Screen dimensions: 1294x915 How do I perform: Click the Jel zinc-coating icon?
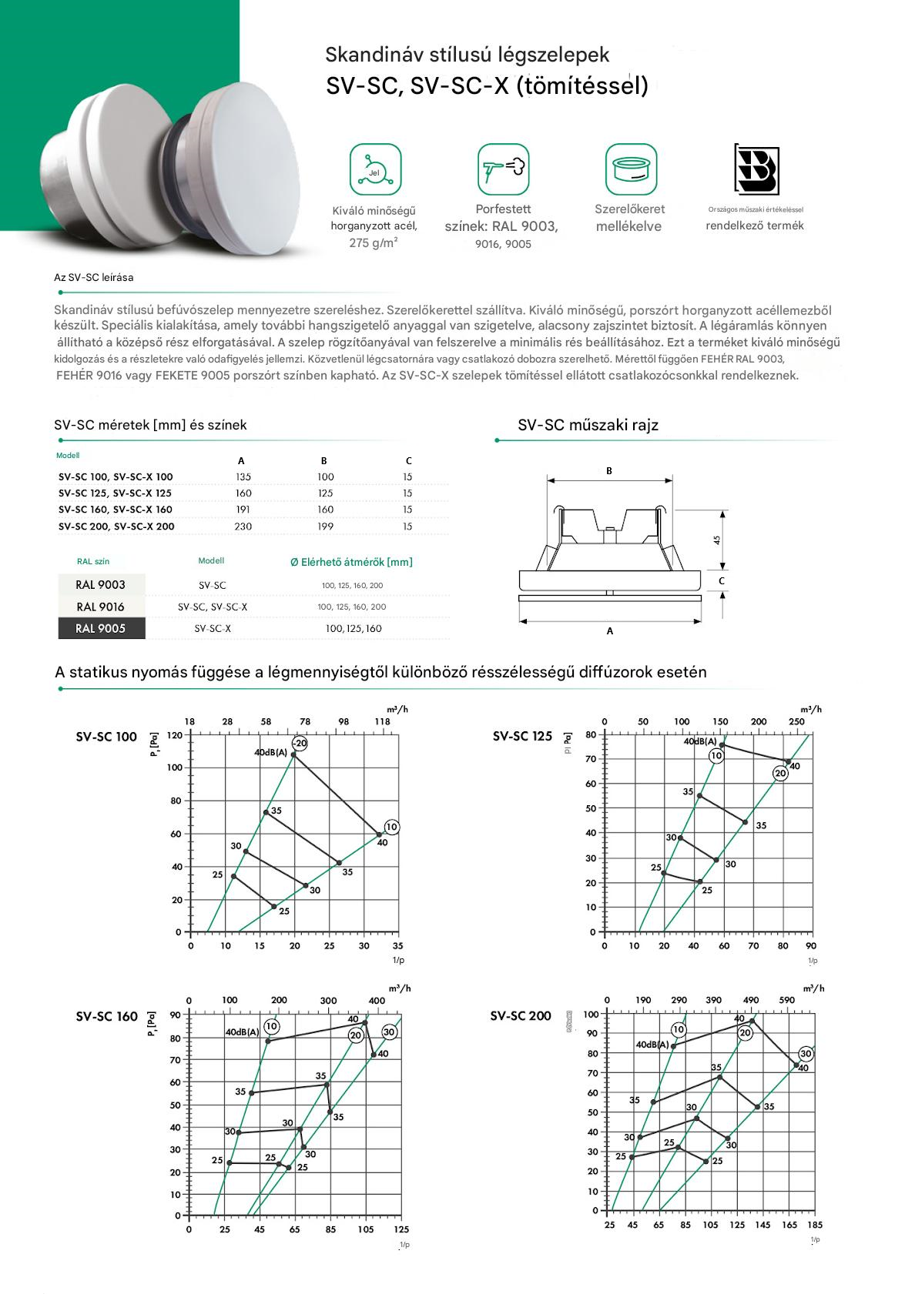click(x=375, y=169)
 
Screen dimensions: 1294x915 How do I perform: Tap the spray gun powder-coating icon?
click(x=503, y=169)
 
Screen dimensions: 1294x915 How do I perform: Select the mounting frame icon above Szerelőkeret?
click(x=630, y=169)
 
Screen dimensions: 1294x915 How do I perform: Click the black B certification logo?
click(x=757, y=169)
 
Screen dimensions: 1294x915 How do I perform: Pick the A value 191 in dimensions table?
click(x=243, y=510)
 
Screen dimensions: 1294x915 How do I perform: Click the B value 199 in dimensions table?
click(x=325, y=527)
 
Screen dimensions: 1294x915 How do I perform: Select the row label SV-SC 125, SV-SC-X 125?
click(x=116, y=493)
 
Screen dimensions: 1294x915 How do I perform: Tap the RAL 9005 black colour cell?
click(x=101, y=628)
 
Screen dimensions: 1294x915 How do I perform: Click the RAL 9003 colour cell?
click(x=101, y=585)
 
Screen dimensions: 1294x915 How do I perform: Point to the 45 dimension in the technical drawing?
click(x=717, y=540)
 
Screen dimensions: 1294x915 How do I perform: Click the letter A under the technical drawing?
click(x=610, y=631)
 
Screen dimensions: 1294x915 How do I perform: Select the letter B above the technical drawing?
click(x=609, y=471)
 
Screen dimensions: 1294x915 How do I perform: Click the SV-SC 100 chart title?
click(x=106, y=737)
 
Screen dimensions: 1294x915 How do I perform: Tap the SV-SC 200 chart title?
click(x=521, y=1016)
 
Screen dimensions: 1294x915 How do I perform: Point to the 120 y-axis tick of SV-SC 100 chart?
click(x=176, y=735)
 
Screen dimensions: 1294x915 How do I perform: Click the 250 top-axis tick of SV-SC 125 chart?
click(x=796, y=722)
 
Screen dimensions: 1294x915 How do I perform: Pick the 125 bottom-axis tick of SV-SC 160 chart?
click(x=401, y=1230)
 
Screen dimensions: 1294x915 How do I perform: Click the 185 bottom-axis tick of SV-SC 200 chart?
click(x=814, y=1225)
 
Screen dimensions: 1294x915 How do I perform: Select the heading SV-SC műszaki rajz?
click(x=588, y=425)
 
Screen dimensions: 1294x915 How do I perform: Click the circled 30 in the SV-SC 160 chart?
click(x=389, y=1032)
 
